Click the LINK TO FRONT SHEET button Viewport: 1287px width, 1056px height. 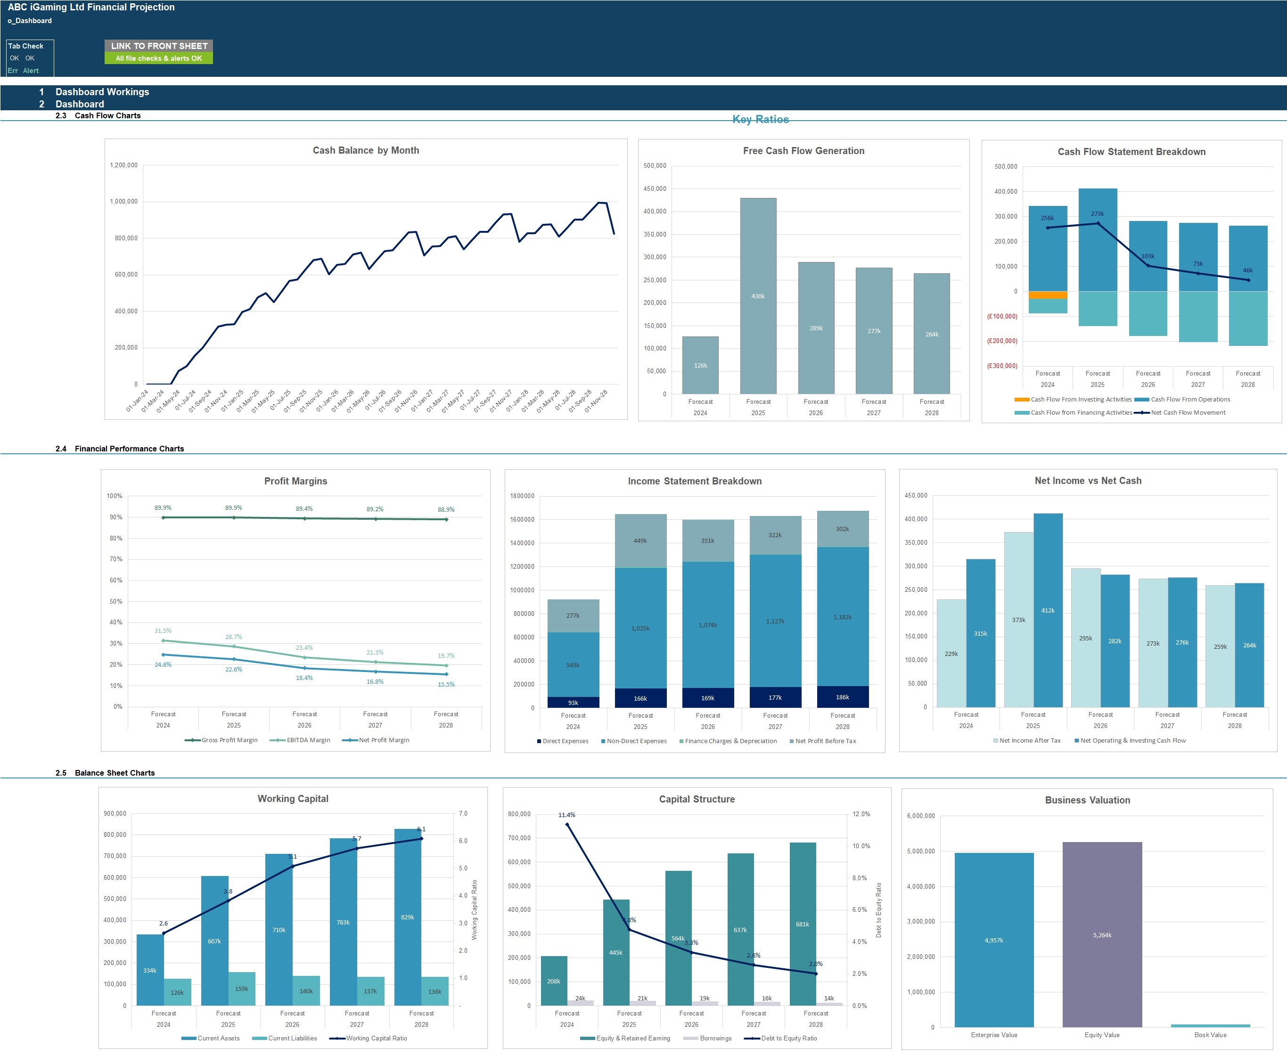coord(159,46)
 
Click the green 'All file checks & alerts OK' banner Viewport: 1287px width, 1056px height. coord(159,58)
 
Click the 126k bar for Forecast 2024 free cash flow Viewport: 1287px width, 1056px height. coord(700,365)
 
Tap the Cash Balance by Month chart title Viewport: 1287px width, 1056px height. coord(366,150)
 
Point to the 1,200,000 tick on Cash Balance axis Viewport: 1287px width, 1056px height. coord(123,165)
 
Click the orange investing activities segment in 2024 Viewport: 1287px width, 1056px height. coord(1047,295)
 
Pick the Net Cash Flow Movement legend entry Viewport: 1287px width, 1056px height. coord(1187,412)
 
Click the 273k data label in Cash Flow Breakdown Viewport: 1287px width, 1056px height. coord(1097,213)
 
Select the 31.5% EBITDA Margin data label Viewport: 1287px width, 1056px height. coord(163,631)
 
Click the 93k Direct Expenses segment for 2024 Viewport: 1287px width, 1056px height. coord(573,703)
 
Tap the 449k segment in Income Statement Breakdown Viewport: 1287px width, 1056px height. coord(640,541)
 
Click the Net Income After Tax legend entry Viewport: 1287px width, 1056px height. coord(1029,740)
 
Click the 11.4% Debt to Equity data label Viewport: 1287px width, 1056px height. coord(566,815)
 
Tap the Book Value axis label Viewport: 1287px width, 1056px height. coord(1210,1035)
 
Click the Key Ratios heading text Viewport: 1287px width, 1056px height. coord(760,119)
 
